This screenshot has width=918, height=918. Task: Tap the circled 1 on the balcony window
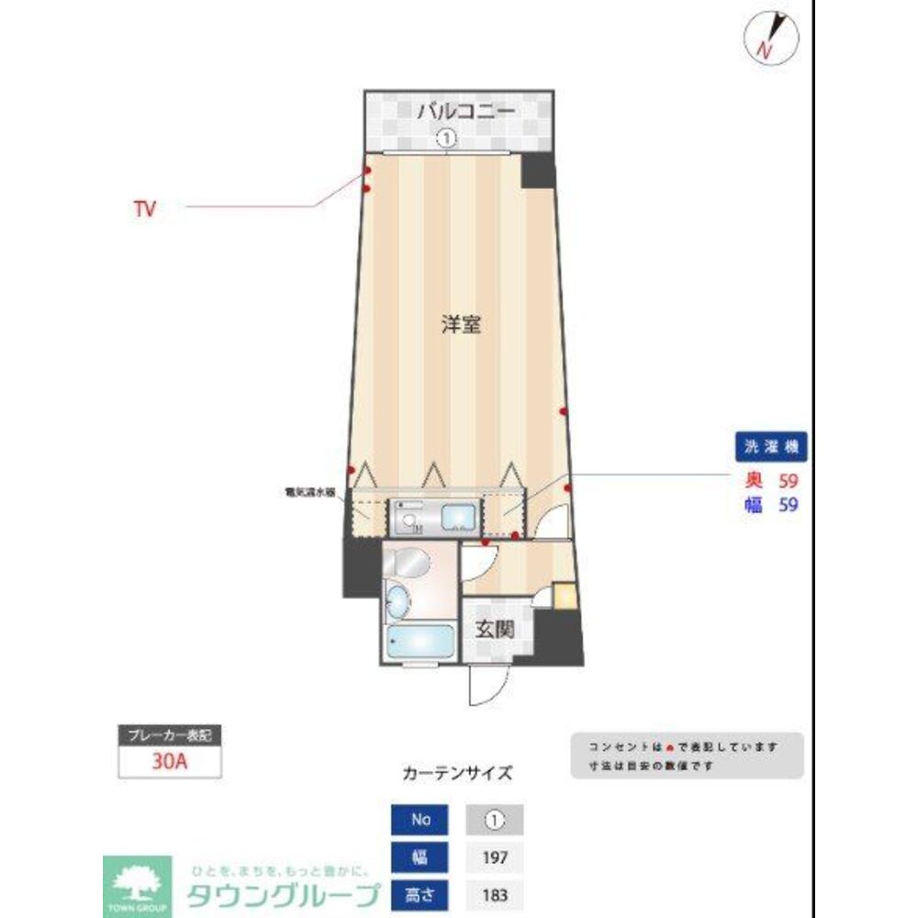pyautogui.click(x=446, y=140)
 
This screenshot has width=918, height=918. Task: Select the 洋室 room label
pyautogui.click(x=461, y=324)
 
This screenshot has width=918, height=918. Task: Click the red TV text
pyautogui.click(x=144, y=209)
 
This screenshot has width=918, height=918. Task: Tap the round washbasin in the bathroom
pyautogui.click(x=397, y=602)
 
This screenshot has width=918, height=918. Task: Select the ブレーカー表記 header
pyautogui.click(x=170, y=735)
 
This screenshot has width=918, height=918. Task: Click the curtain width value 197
pyautogui.click(x=497, y=858)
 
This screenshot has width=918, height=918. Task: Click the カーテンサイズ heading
pyautogui.click(x=457, y=773)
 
